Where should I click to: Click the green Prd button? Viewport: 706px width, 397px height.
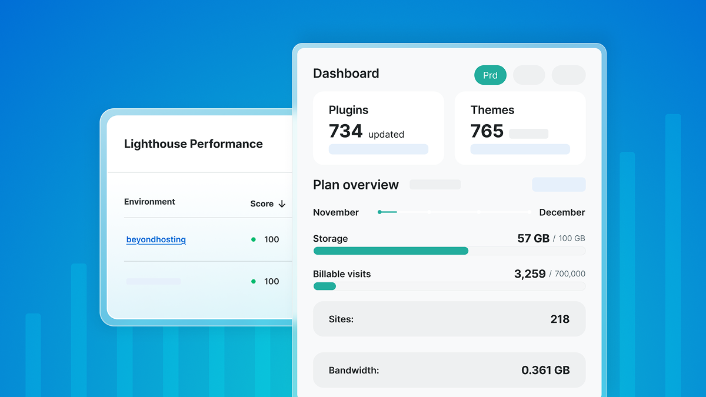(x=490, y=75)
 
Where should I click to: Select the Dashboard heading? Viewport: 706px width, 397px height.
(x=346, y=74)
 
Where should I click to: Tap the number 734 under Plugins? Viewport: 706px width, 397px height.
(x=345, y=131)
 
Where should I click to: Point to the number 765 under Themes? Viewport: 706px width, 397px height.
(x=487, y=131)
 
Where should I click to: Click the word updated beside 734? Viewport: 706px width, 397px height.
(x=386, y=135)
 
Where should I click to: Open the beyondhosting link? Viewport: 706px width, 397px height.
(x=156, y=239)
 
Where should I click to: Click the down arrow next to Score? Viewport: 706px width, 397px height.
(x=282, y=203)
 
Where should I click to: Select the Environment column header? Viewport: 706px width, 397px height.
(x=149, y=202)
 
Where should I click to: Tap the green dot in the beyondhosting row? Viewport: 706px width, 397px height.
(x=254, y=239)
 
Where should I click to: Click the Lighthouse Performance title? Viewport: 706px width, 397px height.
(x=193, y=144)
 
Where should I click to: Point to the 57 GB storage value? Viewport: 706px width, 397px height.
(x=533, y=238)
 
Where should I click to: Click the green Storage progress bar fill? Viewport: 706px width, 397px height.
(x=391, y=251)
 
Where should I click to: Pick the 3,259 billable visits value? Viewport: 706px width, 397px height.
(x=529, y=273)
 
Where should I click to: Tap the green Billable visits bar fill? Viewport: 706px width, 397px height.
(x=325, y=286)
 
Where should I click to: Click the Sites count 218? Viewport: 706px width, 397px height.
(x=560, y=319)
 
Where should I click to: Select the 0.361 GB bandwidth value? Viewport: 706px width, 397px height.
(x=545, y=371)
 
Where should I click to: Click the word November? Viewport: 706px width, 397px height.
(x=336, y=212)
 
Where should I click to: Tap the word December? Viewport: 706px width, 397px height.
(x=562, y=212)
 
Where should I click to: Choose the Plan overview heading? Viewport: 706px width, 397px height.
(x=356, y=185)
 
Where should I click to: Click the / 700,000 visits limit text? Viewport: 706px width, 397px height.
(x=567, y=274)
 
